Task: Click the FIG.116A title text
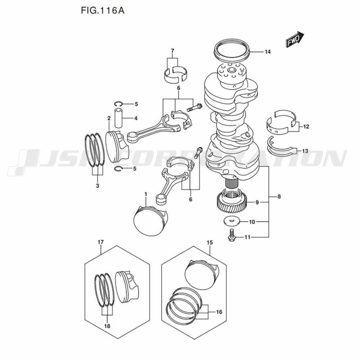pyautogui.click(x=102, y=10)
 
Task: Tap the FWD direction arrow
pyautogui.click(x=295, y=40)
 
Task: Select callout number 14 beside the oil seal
pyautogui.click(x=267, y=52)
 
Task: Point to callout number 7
pyautogui.click(x=172, y=50)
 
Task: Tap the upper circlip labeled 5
pyautogui.click(x=119, y=104)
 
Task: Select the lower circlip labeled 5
pyautogui.click(x=118, y=169)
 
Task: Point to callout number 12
pyautogui.click(x=306, y=126)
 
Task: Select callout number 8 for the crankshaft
pyautogui.click(x=279, y=197)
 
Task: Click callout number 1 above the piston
pyautogui.click(x=145, y=194)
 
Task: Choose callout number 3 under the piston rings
pyautogui.click(x=97, y=186)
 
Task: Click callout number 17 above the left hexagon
pyautogui.click(x=100, y=242)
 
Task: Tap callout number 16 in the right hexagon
pyautogui.click(x=219, y=312)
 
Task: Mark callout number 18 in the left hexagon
pyautogui.click(x=107, y=326)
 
